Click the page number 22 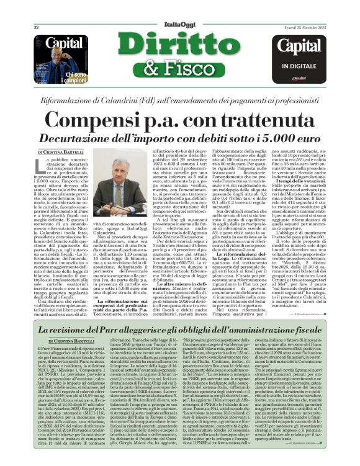[37, 27]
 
